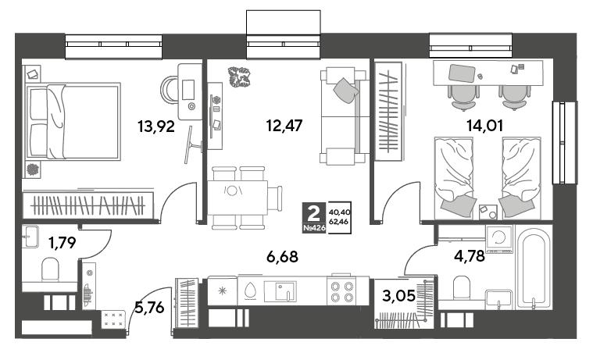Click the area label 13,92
(156, 127)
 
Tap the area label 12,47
(284, 126)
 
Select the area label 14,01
(485, 126)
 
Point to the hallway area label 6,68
(282, 257)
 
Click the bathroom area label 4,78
(470, 256)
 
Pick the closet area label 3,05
(398, 296)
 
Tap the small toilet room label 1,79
(63, 242)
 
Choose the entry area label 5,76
(150, 308)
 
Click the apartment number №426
(314, 228)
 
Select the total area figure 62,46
(339, 222)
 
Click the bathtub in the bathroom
(534, 269)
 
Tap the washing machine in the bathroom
(499, 239)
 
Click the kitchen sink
(280, 291)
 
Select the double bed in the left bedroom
(73, 122)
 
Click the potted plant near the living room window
(239, 77)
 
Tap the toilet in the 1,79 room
(50, 269)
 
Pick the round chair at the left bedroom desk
(169, 89)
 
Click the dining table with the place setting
(238, 198)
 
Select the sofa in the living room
(344, 116)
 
